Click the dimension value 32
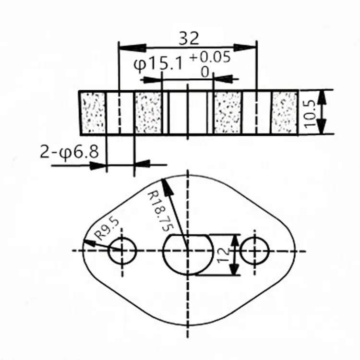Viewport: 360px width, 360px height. pyautogui.click(x=188, y=38)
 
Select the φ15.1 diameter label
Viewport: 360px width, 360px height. pyautogui.click(x=158, y=63)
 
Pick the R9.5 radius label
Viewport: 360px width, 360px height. pyautogui.click(x=107, y=229)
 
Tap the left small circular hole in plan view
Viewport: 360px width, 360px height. pyautogui.click(x=122, y=251)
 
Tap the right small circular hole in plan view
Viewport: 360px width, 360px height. pyautogui.click(x=254, y=251)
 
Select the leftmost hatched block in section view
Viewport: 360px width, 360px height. pyautogui.click(x=93, y=113)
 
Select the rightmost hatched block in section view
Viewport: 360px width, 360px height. pyautogui.click(x=284, y=113)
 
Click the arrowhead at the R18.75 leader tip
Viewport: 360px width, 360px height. pyautogui.click(x=166, y=184)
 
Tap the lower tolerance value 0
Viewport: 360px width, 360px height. pyautogui.click(x=205, y=72)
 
